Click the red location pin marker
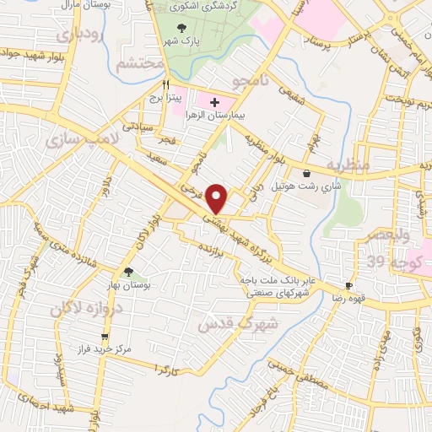(218, 198)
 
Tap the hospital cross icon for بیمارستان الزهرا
(214, 102)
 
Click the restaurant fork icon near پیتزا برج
(166, 85)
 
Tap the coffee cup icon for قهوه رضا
(348, 286)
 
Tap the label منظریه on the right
(347, 165)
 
